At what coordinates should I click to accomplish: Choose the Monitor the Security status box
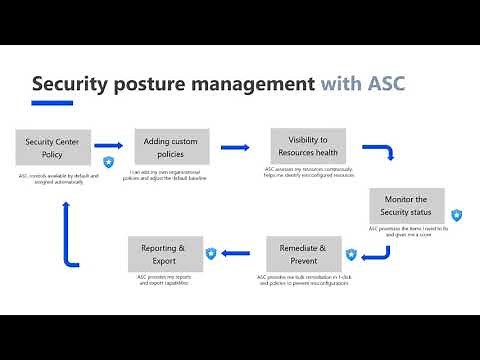click(x=406, y=205)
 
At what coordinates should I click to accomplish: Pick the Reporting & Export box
click(x=164, y=253)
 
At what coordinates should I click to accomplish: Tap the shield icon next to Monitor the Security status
click(x=456, y=215)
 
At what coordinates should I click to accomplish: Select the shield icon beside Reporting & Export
click(x=211, y=254)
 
